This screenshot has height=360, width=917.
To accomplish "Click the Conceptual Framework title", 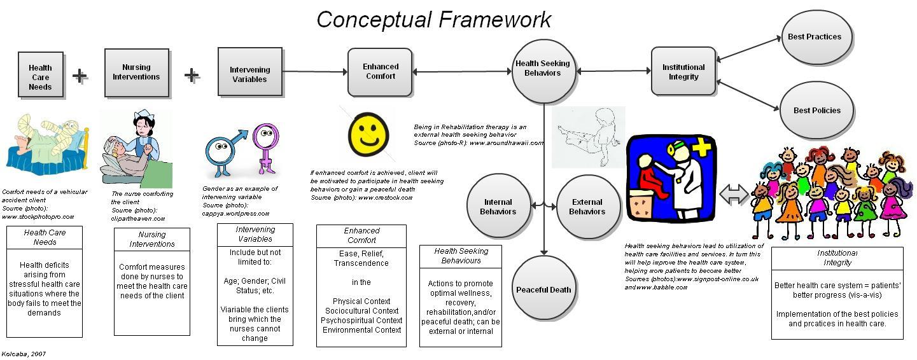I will [434, 19].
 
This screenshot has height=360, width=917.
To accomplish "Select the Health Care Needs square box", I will [40, 75].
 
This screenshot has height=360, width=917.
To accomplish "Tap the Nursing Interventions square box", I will [136, 73].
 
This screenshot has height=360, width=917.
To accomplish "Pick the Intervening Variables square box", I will [249, 73].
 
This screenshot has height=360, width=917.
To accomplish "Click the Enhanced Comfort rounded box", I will [380, 72].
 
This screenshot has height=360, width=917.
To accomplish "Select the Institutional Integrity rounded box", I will [683, 71].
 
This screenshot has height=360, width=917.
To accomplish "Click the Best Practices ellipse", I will [814, 37].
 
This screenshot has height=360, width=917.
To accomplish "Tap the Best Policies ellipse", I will [816, 110].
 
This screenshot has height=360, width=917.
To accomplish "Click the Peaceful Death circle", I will [543, 289].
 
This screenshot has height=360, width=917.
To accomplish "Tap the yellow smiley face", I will [368, 134].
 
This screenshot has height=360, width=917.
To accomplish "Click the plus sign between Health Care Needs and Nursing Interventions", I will [80, 76].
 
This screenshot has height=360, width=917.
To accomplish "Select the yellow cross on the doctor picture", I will [701, 149].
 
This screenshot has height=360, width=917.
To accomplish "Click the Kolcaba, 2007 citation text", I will [24, 354].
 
